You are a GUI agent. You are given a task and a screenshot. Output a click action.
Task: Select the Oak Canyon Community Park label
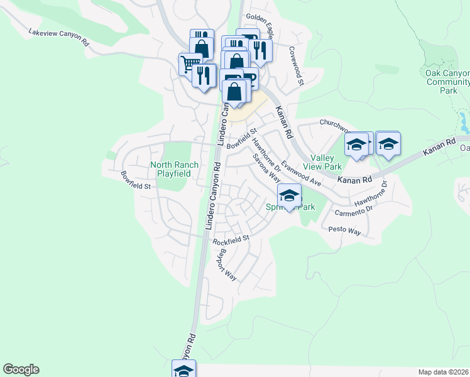pyautogui.click(x=447, y=82)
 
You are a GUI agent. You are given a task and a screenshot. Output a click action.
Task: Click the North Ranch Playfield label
pyautogui.click(x=174, y=169)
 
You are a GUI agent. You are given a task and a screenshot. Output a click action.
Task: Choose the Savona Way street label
pyautogui.click(x=266, y=168)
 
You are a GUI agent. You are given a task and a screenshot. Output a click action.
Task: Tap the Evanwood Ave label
pyautogui.click(x=301, y=173)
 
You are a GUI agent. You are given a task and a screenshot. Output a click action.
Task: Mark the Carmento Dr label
pyautogui.click(x=353, y=212)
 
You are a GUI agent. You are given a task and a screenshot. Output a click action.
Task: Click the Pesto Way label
pyautogui.click(x=344, y=231)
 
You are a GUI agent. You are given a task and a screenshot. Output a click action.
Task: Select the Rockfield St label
pyautogui.click(x=231, y=240)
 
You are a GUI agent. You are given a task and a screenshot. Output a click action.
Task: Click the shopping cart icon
pyautogui.click(x=189, y=63)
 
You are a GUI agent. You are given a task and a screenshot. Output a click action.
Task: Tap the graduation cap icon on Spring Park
pyautogui.click(x=289, y=195)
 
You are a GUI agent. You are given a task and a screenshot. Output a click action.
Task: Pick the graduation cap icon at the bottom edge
pyautogui.click(x=184, y=370)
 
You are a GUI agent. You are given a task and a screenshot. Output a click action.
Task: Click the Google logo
pyautogui.click(x=21, y=369)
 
